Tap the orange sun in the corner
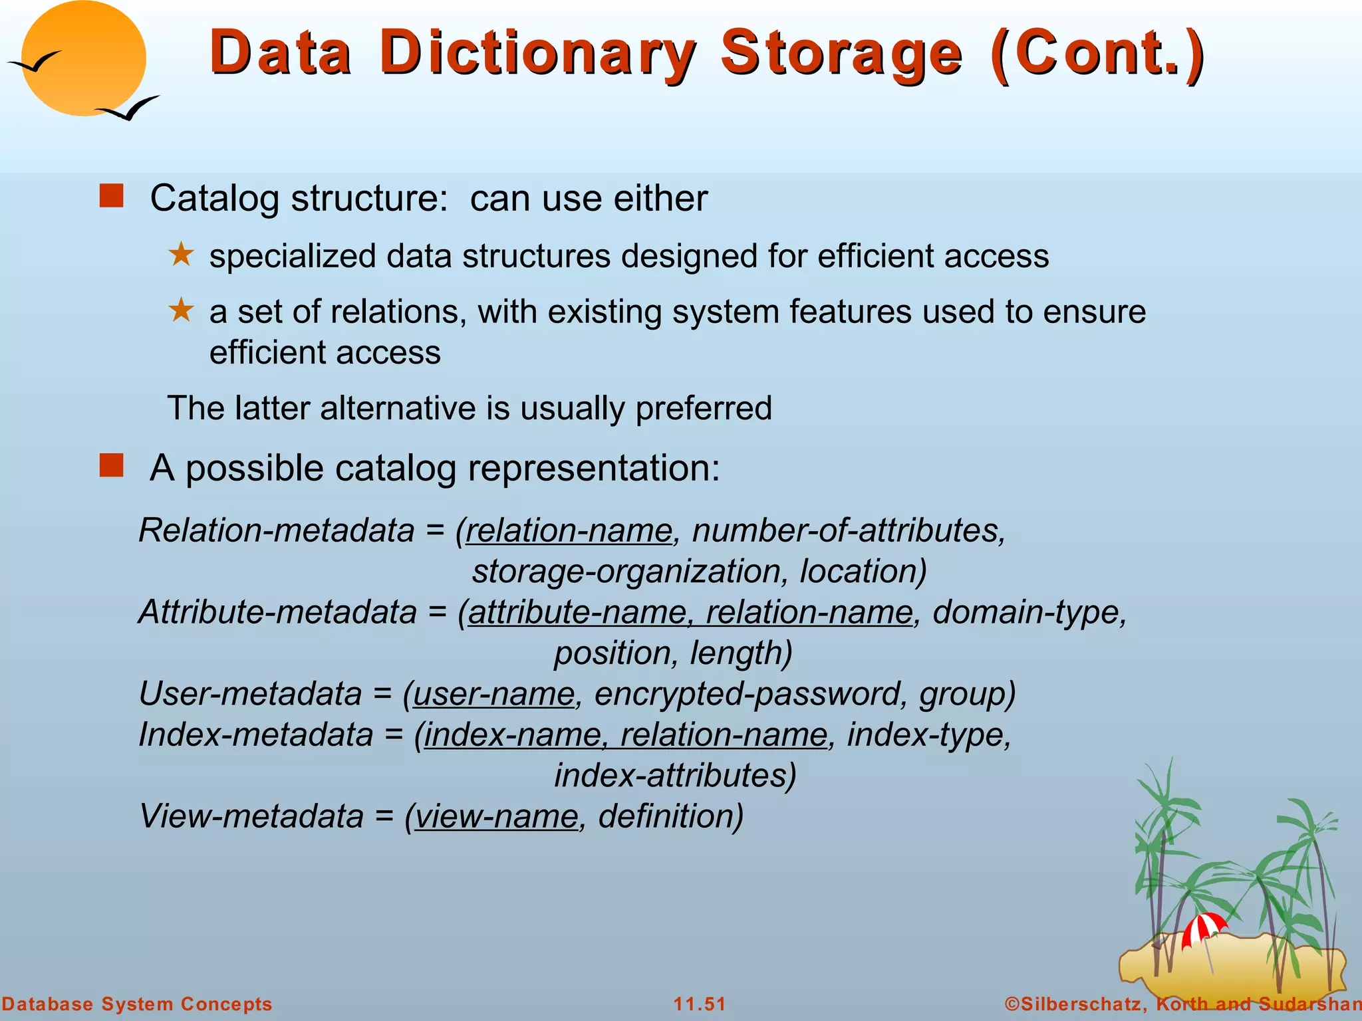pyautogui.click(x=83, y=58)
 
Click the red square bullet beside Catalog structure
pyautogui.click(x=112, y=197)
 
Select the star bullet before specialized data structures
pyautogui.click(x=181, y=255)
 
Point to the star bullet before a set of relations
pyautogui.click(x=181, y=310)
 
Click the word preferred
pyautogui.click(x=703, y=408)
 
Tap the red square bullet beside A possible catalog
pyautogui.click(x=112, y=466)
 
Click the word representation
pyautogui.click(x=594, y=468)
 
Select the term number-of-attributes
pyautogui.click(x=848, y=530)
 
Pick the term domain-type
pyautogui.click(x=1028, y=612)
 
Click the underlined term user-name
pyautogui.click(x=493, y=694)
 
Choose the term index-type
pyautogui.click(x=928, y=735)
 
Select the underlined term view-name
pyautogui.click(x=496, y=816)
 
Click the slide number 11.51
pyautogui.click(x=700, y=1004)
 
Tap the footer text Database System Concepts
pyautogui.click(x=137, y=1004)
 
